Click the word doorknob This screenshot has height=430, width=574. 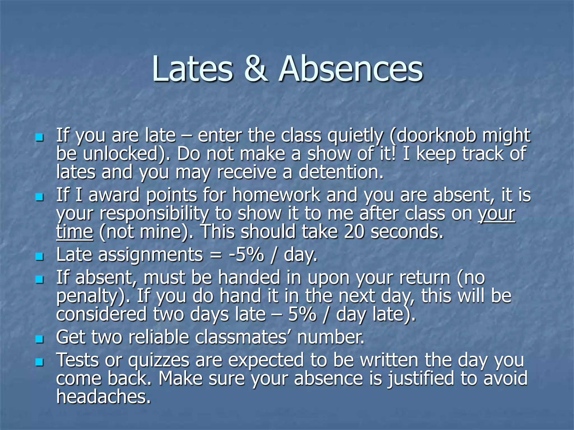tap(436, 135)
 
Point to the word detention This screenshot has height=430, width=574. tap(341, 172)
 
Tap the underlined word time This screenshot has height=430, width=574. tap(74, 232)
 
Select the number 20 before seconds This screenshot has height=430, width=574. tap(354, 232)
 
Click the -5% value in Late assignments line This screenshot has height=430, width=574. tap(246, 255)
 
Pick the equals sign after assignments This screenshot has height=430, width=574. tap(215, 255)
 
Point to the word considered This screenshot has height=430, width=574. tap(101, 314)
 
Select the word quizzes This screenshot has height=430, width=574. tap(159, 361)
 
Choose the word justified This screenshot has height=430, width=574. tap(421, 378)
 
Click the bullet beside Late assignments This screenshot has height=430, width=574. tap(40, 256)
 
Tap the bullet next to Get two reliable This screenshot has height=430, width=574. tap(40, 339)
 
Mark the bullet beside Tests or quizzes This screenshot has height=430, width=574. tap(40, 362)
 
